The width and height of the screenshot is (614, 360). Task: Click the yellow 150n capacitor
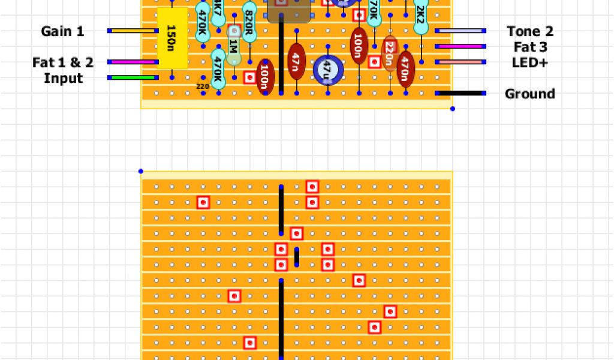(x=172, y=38)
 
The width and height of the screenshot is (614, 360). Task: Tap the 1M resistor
(x=233, y=46)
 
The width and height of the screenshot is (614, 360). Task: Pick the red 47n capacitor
(x=296, y=62)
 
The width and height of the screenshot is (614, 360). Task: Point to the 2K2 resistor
(x=421, y=18)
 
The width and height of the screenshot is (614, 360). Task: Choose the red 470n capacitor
(x=405, y=70)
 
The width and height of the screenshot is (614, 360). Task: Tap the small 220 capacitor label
(x=203, y=86)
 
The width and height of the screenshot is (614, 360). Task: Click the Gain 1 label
(x=62, y=31)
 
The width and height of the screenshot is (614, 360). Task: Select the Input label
(x=63, y=78)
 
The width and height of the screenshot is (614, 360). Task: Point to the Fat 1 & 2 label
(x=63, y=62)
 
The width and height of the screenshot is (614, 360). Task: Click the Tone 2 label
(x=529, y=31)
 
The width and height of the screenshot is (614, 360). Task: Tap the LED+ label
(x=529, y=62)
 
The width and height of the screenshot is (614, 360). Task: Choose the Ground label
(x=529, y=94)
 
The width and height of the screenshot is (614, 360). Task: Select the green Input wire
(x=133, y=77)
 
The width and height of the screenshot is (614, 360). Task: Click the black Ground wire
(x=460, y=93)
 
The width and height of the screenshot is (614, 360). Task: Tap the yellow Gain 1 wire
(x=133, y=31)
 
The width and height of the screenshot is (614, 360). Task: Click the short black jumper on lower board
(x=296, y=257)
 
